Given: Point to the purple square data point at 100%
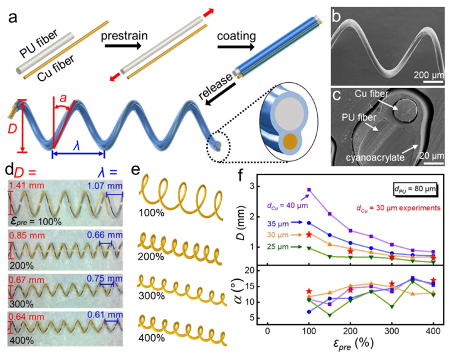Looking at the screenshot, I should (x=309, y=189).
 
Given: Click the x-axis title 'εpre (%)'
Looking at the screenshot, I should (x=350, y=346).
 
